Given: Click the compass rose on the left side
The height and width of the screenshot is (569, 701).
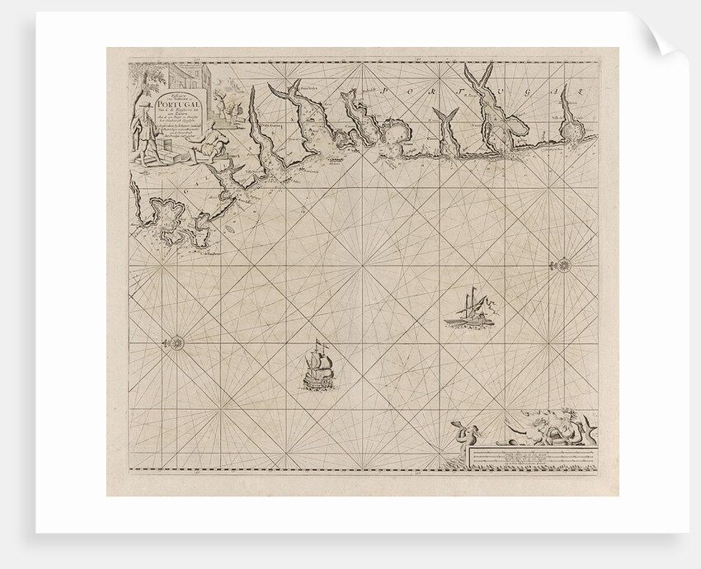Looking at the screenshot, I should pyautogui.click(x=176, y=340).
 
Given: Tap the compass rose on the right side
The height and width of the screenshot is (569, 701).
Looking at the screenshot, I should pyautogui.click(x=564, y=265).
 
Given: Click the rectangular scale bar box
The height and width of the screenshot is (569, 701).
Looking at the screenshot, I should pyautogui.click(x=531, y=458).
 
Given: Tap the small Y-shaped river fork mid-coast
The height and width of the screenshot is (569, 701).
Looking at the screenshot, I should pyautogui.click(x=450, y=124).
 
